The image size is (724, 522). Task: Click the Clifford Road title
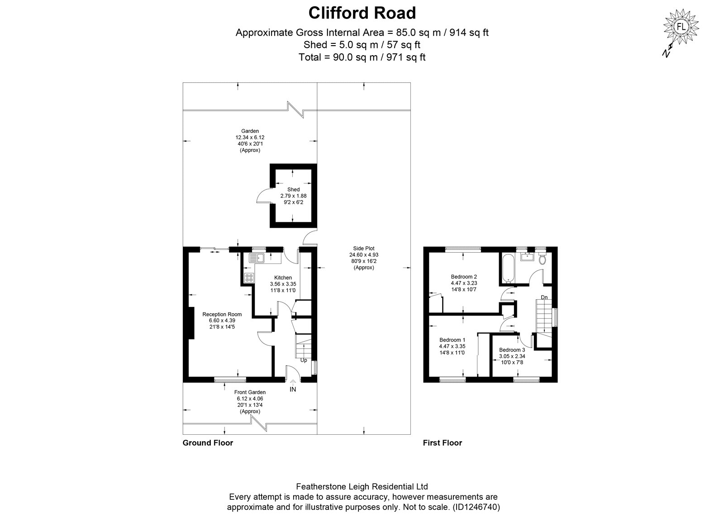click(362, 13)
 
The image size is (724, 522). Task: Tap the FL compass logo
click(681, 27)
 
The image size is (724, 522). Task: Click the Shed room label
click(293, 189)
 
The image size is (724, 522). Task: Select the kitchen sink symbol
click(256, 258)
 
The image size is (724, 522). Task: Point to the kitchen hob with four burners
click(249, 277)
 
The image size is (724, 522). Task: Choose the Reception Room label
click(222, 314)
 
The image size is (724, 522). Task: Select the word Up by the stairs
click(304, 360)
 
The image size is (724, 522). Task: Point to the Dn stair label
click(544, 297)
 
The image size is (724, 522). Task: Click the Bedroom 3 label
click(512, 350)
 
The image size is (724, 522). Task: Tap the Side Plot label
click(364, 248)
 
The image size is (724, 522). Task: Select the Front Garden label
click(250, 392)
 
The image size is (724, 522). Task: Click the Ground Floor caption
click(208, 442)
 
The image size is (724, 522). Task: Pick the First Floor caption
click(443, 442)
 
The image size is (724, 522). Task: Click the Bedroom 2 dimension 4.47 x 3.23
click(464, 283)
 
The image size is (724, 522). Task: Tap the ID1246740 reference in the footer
click(476, 507)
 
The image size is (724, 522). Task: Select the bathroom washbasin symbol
click(527, 257)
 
